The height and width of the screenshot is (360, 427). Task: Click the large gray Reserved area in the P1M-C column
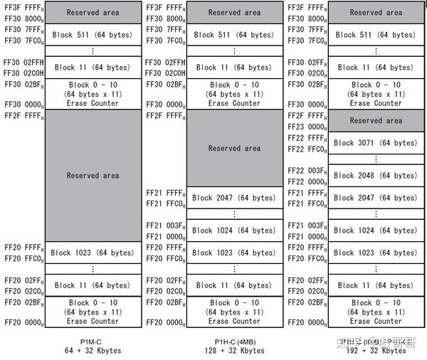pyautogui.click(x=93, y=175)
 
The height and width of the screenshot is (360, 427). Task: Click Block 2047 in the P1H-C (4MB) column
pyautogui.click(x=233, y=198)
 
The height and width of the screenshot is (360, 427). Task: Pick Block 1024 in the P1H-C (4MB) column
pyautogui.click(x=233, y=230)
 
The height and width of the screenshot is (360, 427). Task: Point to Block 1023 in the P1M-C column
pyautogui.click(x=92, y=253)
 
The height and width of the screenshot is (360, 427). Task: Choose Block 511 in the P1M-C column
pyautogui.click(x=93, y=34)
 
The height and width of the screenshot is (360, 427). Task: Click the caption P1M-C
pyautogui.click(x=93, y=341)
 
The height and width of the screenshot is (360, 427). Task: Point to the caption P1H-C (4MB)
pyautogui.click(x=234, y=341)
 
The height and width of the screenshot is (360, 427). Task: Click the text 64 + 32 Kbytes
pyautogui.click(x=93, y=350)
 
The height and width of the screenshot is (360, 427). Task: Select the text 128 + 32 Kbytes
pyautogui.click(x=234, y=350)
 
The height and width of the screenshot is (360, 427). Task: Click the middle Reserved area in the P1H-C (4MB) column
pyautogui.click(x=234, y=148)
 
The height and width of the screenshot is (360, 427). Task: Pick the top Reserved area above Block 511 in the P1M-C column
pyautogui.click(x=93, y=12)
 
